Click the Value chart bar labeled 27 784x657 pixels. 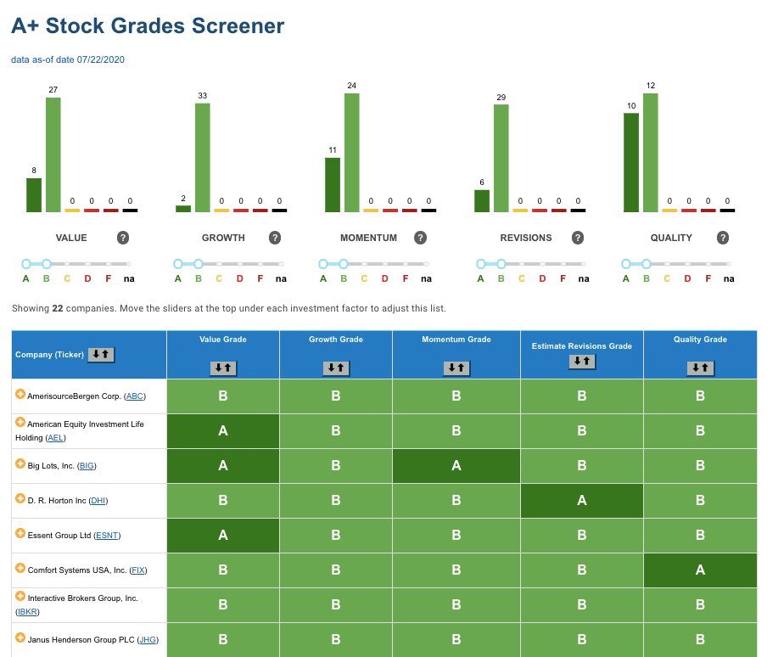point(53,154)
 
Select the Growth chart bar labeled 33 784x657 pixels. point(203,158)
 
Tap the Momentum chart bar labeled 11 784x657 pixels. point(333,185)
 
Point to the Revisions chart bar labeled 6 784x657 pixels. point(482,201)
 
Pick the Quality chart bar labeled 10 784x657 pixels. point(631,163)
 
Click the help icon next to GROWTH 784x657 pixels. point(275,238)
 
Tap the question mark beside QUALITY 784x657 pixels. point(723,238)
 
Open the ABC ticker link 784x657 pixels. point(135,396)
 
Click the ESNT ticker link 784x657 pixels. point(107,536)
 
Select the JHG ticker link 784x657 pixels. point(148,639)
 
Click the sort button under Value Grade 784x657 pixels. point(223,368)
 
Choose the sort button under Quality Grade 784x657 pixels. point(701,368)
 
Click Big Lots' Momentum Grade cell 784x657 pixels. point(456,466)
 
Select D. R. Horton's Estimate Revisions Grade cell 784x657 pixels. point(582,500)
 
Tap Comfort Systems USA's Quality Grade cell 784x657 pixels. point(701,570)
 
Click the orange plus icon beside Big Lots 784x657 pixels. point(20,463)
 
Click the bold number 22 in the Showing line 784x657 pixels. point(58,308)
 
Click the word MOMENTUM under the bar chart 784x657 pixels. point(368,238)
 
